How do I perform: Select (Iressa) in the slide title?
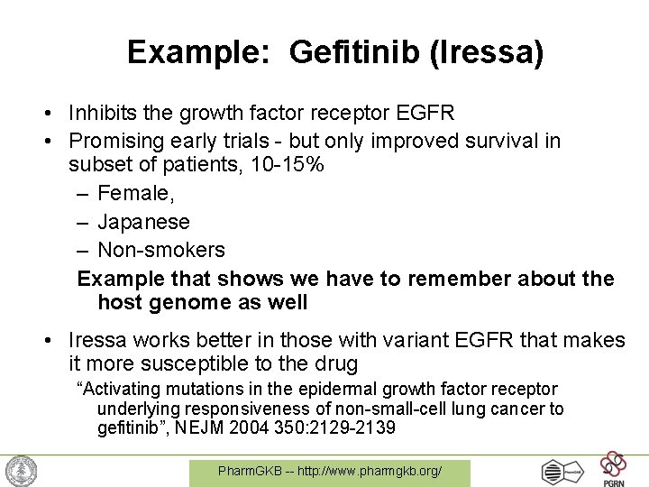(x=488, y=52)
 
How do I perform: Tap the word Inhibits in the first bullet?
(x=101, y=113)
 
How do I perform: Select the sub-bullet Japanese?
(x=143, y=222)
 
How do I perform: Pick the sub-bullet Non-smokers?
(x=160, y=250)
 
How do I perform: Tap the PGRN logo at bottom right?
(x=614, y=469)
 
